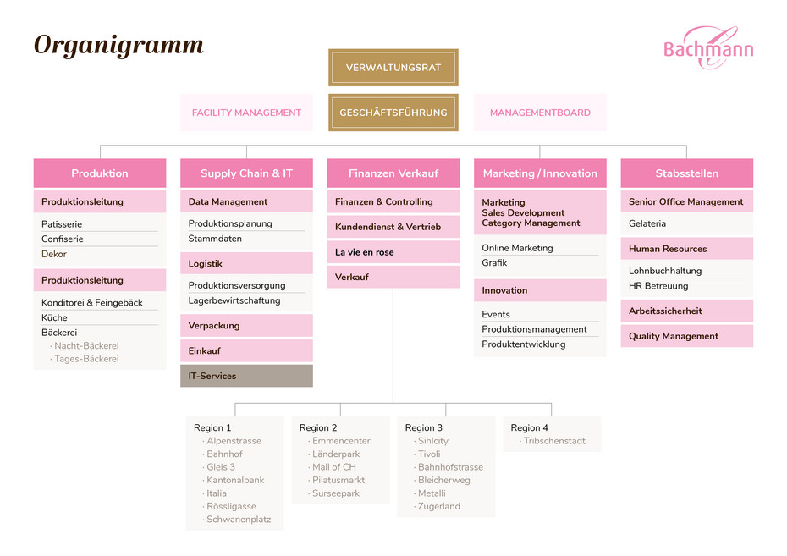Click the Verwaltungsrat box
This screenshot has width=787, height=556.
(393, 67)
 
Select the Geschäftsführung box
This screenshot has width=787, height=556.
(393, 113)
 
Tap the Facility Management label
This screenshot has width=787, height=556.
(246, 113)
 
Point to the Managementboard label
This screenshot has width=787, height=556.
(540, 113)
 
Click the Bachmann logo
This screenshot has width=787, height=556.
(708, 47)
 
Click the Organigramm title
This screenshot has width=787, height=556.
(118, 45)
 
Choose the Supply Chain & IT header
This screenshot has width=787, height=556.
(246, 173)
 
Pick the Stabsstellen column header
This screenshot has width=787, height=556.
(686, 173)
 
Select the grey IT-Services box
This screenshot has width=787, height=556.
(246, 376)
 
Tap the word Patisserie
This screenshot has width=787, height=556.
(62, 223)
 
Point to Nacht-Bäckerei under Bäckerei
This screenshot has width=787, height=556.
(86, 346)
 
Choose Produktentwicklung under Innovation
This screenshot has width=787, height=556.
(524, 344)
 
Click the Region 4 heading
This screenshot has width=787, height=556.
(529, 427)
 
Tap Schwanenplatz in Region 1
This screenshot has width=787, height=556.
(239, 520)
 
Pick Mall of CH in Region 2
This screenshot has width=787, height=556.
(333, 466)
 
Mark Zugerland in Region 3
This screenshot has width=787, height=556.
(438, 506)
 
